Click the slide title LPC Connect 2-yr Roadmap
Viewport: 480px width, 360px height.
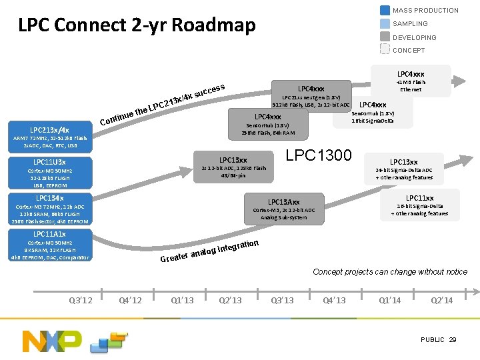[x=137, y=25]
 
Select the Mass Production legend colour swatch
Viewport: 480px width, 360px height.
[x=385, y=10]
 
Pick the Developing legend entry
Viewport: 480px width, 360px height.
[x=414, y=37]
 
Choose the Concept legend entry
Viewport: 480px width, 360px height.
[x=408, y=50]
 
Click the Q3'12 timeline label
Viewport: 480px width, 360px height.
[x=81, y=300]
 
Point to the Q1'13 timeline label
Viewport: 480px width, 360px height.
[x=182, y=300]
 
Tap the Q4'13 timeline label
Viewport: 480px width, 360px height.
[x=334, y=300]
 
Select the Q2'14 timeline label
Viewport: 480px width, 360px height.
[x=441, y=300]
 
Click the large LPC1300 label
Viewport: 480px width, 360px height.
[x=318, y=155]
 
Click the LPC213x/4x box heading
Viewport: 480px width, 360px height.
[x=49, y=130]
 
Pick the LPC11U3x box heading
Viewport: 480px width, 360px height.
[x=49, y=162]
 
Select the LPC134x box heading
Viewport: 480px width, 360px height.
[x=49, y=198]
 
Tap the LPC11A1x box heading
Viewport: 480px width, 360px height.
[x=49, y=234]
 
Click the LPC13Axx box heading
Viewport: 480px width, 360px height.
[x=284, y=202]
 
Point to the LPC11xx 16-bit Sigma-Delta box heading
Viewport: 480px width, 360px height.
[x=419, y=198]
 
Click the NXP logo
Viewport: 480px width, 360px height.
[x=52, y=341]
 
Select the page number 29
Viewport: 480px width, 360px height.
[x=453, y=340]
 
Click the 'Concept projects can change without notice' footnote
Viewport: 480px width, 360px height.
[x=390, y=271]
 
